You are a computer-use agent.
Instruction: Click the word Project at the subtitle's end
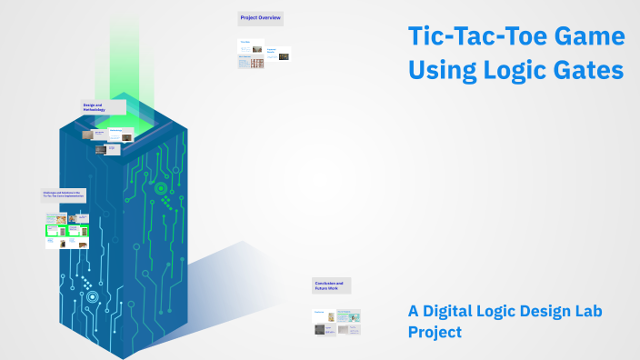pyautogui.click(x=435, y=332)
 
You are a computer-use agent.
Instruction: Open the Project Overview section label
pyautogui.click(x=261, y=17)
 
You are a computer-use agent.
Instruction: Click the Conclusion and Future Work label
pyautogui.click(x=331, y=285)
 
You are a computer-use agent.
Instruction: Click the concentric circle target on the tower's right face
pyautogui.click(x=161, y=189)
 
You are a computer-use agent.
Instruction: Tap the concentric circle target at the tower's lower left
pyautogui.click(x=92, y=296)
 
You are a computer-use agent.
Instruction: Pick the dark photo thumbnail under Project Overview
pyautogui.click(x=284, y=55)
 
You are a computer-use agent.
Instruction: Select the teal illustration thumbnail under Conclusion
pyautogui.click(x=348, y=315)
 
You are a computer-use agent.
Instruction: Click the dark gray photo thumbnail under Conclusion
pyautogui.click(x=320, y=330)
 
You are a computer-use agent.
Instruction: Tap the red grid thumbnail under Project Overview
pyautogui.click(x=258, y=63)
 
